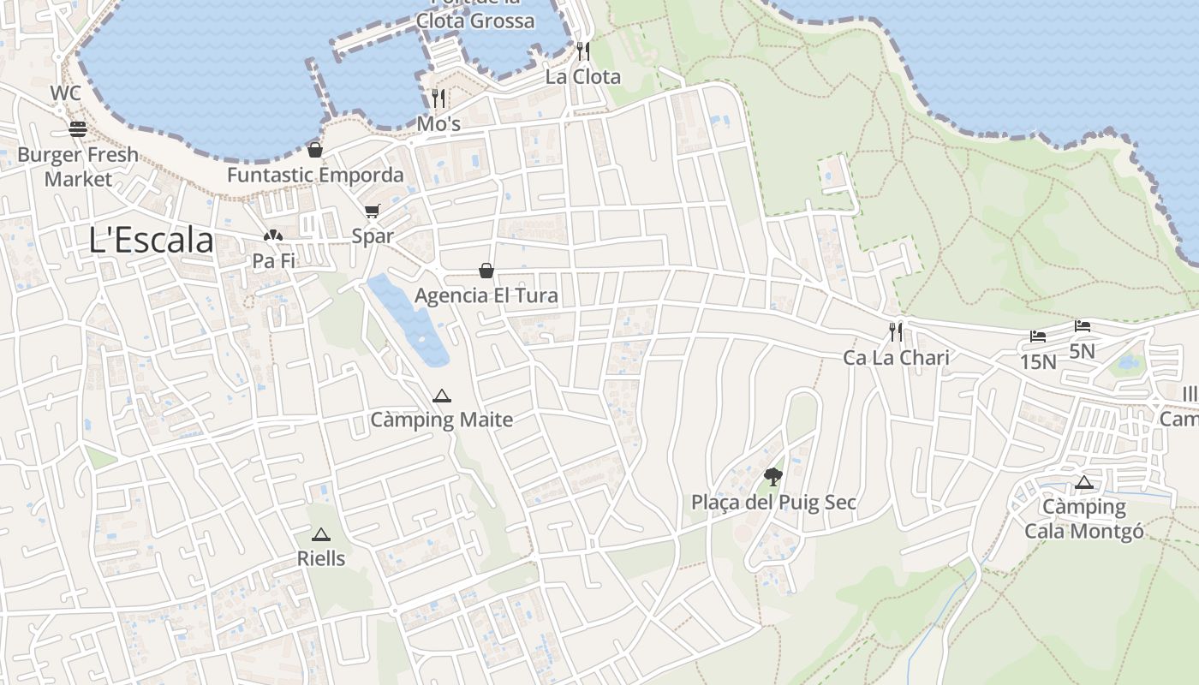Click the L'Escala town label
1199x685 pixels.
(151, 241)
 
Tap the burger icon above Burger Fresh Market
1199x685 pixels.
(78, 129)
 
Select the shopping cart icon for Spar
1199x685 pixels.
(372, 211)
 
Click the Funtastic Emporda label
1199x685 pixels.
(315, 175)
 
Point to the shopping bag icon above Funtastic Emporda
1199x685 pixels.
(315, 150)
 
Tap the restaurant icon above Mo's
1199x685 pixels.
(438, 98)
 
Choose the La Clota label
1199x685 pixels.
(583, 76)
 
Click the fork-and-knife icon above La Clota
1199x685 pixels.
(583, 51)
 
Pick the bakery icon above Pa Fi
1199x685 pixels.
(272, 235)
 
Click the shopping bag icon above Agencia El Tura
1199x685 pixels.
(486, 271)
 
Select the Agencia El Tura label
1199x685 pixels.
(486, 295)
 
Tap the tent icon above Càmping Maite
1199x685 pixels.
(441, 396)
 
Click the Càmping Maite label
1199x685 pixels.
(441, 420)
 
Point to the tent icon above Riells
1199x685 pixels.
(321, 534)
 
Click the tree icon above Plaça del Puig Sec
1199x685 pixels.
(773, 477)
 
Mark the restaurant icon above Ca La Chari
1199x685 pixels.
(896, 332)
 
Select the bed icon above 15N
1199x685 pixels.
(1038, 337)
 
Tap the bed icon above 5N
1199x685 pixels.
(1083, 326)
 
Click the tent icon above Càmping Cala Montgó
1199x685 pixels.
(1084, 482)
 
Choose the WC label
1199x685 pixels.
(66, 92)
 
